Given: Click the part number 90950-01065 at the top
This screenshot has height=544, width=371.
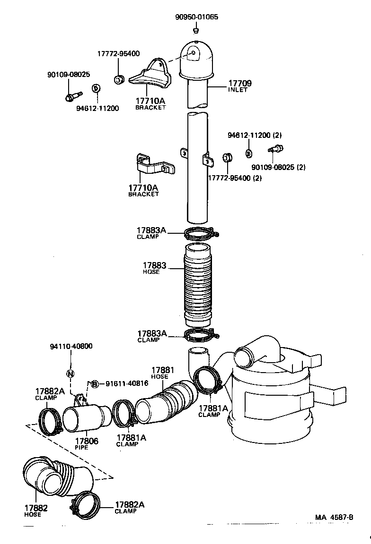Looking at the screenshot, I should click(x=196, y=17).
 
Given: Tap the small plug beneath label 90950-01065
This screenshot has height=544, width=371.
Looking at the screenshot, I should click(x=195, y=31).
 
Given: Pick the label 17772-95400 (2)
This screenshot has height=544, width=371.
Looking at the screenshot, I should click(x=235, y=178).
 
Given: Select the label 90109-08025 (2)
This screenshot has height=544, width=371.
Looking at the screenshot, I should click(x=278, y=167).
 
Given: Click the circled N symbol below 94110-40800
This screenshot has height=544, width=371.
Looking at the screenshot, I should click(x=70, y=374).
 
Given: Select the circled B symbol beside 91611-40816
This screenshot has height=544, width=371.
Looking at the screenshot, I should click(x=94, y=383).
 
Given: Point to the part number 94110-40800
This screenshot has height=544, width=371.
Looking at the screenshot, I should click(x=71, y=346).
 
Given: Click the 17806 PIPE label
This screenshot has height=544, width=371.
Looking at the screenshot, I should click(x=86, y=443).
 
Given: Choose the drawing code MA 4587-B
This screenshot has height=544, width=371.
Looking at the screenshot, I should click(x=334, y=517).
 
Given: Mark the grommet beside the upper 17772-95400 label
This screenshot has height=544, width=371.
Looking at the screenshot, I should click(x=119, y=78).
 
